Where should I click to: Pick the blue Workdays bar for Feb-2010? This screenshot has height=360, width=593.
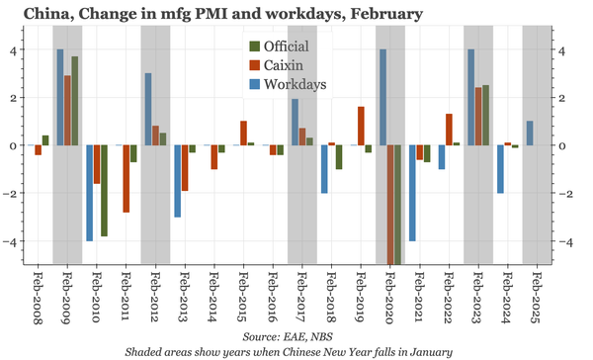coord(89,193)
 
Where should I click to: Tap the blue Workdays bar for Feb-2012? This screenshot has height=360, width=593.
coord(147,109)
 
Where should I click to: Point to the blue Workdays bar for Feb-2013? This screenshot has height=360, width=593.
coord(177,181)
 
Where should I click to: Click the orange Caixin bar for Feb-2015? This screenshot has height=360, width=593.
coord(243,134)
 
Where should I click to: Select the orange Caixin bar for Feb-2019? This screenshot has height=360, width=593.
coord(361,126)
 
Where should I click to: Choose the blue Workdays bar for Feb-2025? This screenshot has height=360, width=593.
coord(530,134)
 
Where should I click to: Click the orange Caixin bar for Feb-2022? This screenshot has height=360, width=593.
coord(449,130)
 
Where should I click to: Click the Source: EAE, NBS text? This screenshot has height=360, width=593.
coord(296,335)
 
